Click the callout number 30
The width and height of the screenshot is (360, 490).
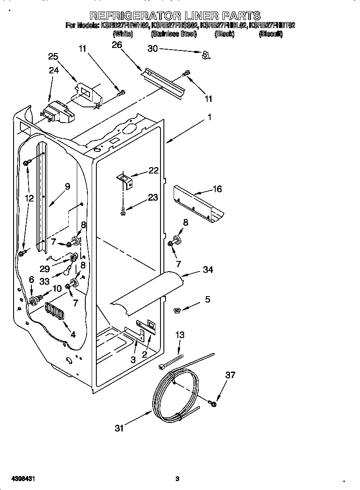152,49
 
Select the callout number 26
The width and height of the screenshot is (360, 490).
117,45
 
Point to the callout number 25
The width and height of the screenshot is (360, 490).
53,56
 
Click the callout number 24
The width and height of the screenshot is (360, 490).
53,70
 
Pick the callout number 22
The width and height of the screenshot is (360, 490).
153,171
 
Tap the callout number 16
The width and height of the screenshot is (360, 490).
217,189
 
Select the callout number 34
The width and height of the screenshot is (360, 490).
208,270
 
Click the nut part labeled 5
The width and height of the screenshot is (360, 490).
177,311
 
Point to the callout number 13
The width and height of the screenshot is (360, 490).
180,335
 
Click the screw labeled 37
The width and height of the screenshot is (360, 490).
213,403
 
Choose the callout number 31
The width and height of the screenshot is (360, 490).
119,428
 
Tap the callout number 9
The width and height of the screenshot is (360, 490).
67,186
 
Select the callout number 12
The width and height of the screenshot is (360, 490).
28,198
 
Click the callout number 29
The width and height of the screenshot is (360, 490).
45,269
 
